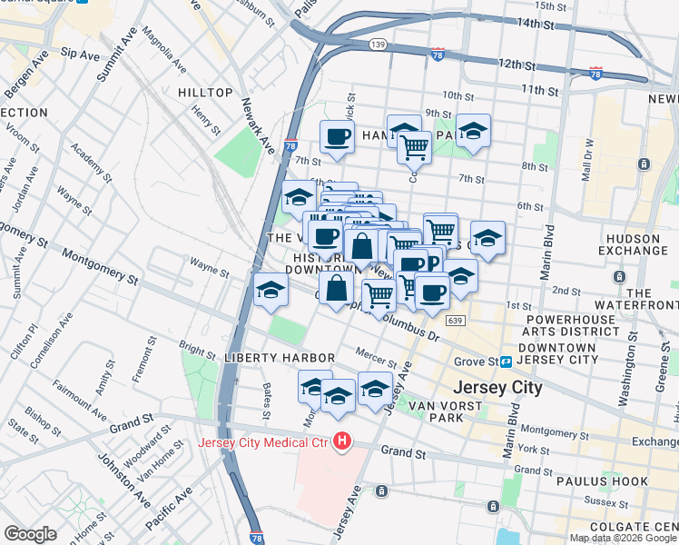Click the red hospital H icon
coord(342,442)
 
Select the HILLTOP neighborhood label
coord(205,93)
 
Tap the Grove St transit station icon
coord(506,362)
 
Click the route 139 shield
coord(379,44)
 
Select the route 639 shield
coord(456,320)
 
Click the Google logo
coord(31,533)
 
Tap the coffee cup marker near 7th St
coord(337,138)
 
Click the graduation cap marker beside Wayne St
coord(271,290)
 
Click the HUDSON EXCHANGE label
coord(636,244)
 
